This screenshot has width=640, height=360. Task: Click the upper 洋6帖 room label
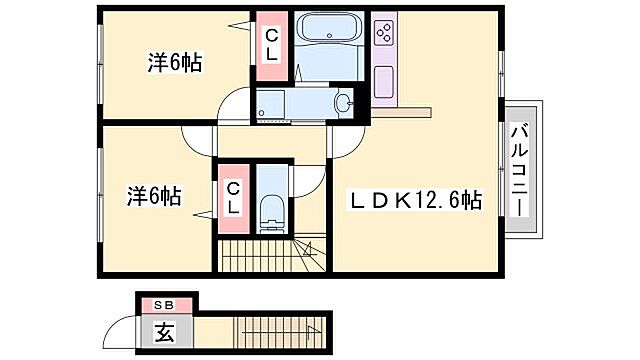(176, 63)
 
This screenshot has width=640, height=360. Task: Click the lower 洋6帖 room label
(153, 195)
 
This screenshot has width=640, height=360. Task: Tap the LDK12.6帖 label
(415, 200)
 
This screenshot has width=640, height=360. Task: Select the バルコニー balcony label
(519, 167)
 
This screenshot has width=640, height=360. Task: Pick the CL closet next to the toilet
(233, 197)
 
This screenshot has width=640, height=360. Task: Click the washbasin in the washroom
(344, 103)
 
